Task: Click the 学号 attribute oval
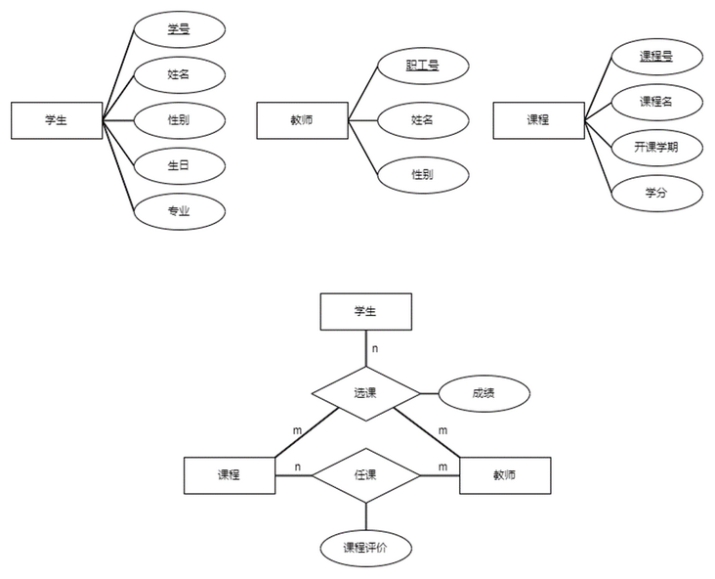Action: [179, 29]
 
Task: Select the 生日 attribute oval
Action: [179, 165]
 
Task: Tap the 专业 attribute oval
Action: [179, 210]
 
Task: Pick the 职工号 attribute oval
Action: [422, 67]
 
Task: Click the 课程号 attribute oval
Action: [656, 57]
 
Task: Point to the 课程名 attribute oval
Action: [656, 102]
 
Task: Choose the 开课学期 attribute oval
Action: [656, 148]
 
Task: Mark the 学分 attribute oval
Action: [656, 193]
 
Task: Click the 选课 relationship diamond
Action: [366, 394]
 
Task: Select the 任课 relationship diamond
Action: [366, 475]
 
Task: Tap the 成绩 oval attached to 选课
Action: [484, 394]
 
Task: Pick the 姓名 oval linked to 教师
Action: [422, 120]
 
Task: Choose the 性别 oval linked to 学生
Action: [179, 120]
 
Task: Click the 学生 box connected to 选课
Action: [366, 312]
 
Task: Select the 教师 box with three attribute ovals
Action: [302, 120]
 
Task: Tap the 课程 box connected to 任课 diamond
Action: [230, 475]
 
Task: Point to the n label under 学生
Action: [375, 347]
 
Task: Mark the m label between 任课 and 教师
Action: [442, 467]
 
